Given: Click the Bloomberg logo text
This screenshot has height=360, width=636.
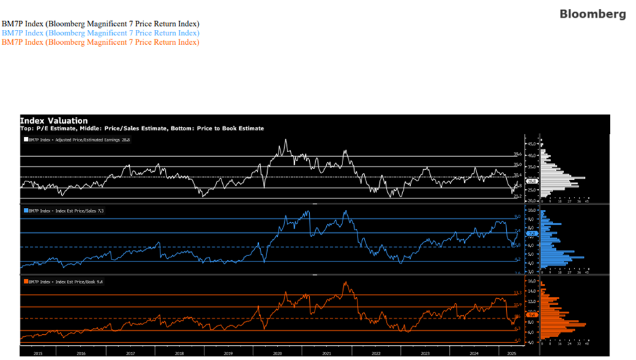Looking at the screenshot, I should click(x=593, y=14).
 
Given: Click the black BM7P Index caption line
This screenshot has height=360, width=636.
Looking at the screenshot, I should click(x=101, y=24).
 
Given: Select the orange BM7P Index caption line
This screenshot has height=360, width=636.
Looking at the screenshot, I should click(x=101, y=42).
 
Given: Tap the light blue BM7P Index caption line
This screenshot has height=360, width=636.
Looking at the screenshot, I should click(x=101, y=33).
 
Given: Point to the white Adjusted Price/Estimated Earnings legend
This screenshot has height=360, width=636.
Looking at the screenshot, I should click(x=77, y=139).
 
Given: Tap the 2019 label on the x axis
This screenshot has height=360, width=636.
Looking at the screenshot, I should click(x=228, y=354).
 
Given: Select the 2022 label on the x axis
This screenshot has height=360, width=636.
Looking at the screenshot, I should click(x=376, y=354).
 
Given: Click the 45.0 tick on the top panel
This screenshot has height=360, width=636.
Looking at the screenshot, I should click(x=532, y=145).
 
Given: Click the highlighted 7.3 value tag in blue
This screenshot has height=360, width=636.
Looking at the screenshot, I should click(x=533, y=233).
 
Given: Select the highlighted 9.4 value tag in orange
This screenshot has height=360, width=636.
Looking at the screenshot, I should click(x=533, y=314).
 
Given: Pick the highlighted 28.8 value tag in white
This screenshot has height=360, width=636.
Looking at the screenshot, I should click(x=533, y=181).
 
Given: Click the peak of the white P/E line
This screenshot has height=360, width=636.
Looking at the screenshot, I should click(x=285, y=141).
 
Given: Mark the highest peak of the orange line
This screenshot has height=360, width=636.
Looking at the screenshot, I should click(x=345, y=283).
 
